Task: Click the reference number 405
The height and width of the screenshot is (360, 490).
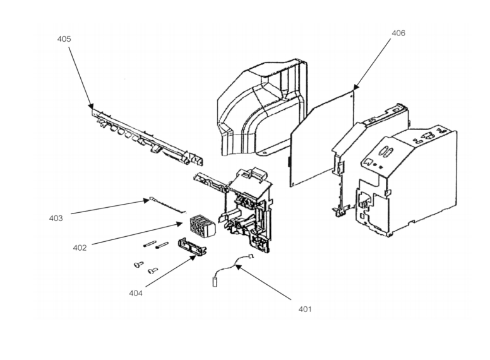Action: point(64,39)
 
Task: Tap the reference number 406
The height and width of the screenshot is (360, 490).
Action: point(398,33)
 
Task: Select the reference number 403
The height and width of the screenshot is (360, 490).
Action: point(56,218)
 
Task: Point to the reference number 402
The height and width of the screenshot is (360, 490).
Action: point(80,248)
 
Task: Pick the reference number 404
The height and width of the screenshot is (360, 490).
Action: point(136,293)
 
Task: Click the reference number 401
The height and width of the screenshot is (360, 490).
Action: point(305,309)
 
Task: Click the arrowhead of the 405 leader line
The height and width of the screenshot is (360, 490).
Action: point(91,105)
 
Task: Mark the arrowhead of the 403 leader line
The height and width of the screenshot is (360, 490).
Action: point(146,201)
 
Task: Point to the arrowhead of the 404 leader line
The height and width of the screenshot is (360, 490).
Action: point(193,258)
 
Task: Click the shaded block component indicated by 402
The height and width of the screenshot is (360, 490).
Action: point(203,225)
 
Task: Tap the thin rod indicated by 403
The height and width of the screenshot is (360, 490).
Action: point(168,206)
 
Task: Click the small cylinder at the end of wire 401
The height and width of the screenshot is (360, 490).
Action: point(215,282)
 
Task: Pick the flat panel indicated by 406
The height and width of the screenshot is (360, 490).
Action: point(322,138)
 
